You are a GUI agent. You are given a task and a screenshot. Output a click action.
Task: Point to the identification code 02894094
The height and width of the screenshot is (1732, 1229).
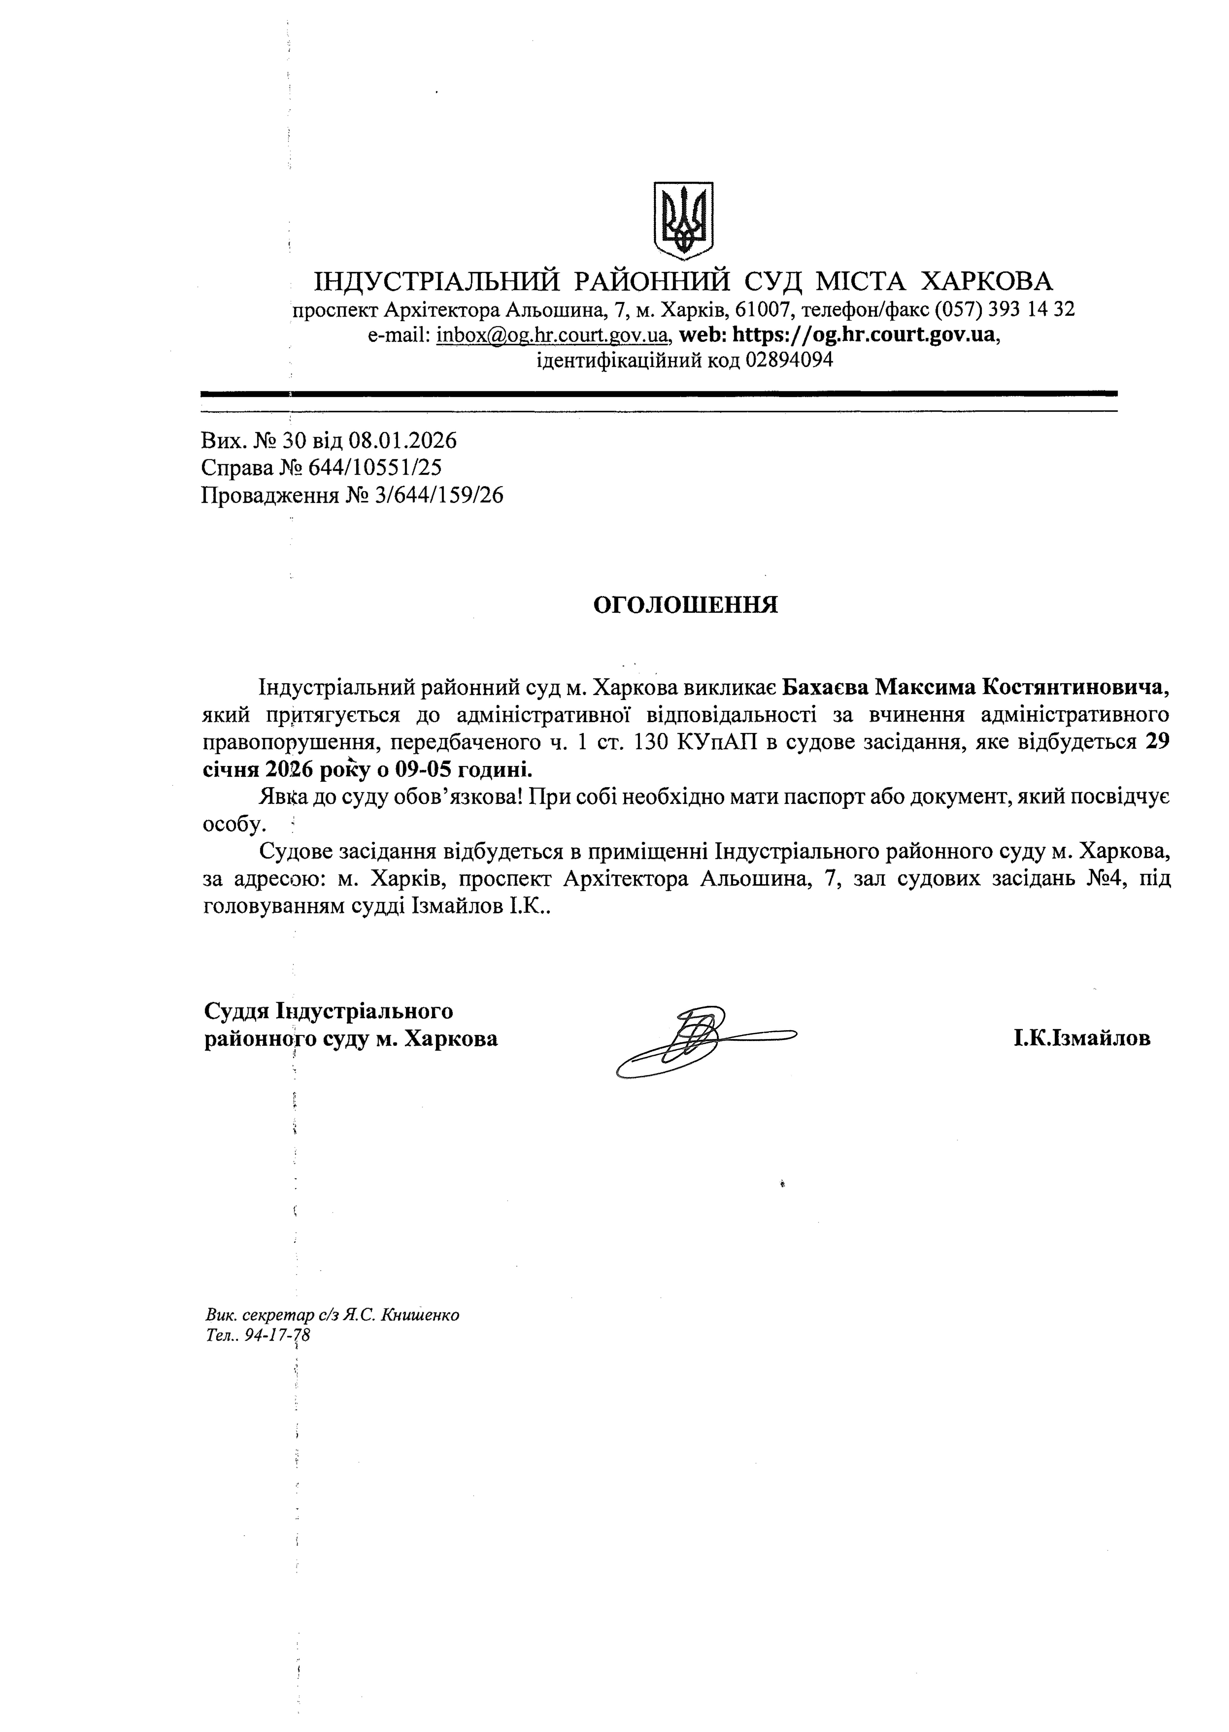[789, 360]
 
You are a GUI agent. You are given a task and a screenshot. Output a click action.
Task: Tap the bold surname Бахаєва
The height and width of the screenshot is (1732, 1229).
[825, 687]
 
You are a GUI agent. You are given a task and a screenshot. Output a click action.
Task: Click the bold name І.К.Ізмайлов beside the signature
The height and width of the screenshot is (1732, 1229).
[1082, 1038]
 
